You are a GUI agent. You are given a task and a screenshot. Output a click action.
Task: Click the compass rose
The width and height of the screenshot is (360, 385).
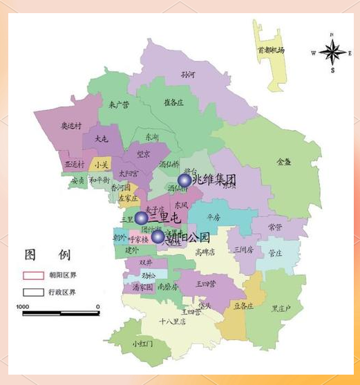pyautogui.click(x=332, y=52)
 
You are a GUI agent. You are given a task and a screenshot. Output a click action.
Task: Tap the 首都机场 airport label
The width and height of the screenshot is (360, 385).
pyautogui.click(x=271, y=50)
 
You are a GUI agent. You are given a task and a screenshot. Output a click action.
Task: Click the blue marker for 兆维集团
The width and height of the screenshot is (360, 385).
pyautogui.click(x=184, y=180)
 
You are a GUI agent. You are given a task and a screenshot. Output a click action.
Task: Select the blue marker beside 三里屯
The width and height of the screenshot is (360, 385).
pyautogui.click(x=141, y=218)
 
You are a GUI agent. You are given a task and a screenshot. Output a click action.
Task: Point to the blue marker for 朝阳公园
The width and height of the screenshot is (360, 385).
pyautogui.click(x=158, y=237)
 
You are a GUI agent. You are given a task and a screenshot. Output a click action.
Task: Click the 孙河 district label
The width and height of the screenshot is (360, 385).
pyautogui.click(x=188, y=74)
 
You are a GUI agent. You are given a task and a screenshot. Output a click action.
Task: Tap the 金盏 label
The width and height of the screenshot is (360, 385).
pyautogui.click(x=283, y=162)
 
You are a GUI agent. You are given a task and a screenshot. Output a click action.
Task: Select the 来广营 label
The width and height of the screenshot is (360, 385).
pyautogui.click(x=120, y=105)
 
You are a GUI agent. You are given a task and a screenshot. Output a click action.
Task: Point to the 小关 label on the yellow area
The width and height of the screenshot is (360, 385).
pyautogui.click(x=102, y=165)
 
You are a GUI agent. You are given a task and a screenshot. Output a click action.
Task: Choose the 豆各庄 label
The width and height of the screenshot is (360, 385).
pyautogui.click(x=243, y=306)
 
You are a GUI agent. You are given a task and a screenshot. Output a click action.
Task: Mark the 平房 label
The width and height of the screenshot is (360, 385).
pyautogui.click(x=214, y=216)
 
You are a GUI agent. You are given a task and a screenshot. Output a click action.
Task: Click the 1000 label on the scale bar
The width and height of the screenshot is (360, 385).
pyautogui.click(x=23, y=306)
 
